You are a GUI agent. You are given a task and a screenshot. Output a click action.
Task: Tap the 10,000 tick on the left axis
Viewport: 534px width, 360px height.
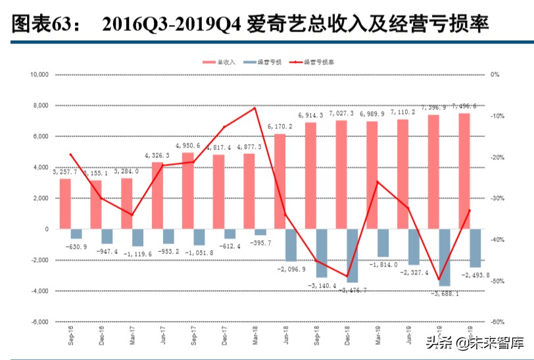pyautogui.click(x=39, y=75)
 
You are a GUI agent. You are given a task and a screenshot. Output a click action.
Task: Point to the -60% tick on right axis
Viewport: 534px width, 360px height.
pyautogui.click(x=497, y=322)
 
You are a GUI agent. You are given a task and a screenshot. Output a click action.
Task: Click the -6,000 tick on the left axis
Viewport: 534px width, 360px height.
pyautogui.click(x=39, y=322)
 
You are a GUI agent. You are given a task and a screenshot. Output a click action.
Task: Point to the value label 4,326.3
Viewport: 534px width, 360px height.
pyautogui.click(x=157, y=155)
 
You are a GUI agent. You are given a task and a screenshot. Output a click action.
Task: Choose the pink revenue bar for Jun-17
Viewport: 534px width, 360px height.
pyautogui.click(x=157, y=195)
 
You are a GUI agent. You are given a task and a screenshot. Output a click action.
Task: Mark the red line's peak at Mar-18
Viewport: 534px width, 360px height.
pyautogui.click(x=255, y=107)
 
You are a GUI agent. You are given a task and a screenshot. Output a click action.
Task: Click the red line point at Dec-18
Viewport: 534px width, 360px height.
pyautogui.click(x=347, y=277)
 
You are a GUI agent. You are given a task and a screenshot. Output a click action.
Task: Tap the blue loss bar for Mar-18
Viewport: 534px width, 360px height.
pyautogui.click(x=260, y=232)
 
